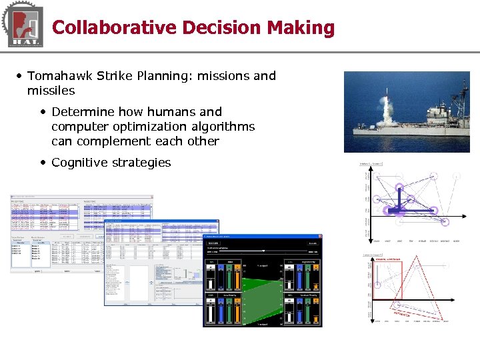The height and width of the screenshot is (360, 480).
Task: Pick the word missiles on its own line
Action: point(51,91)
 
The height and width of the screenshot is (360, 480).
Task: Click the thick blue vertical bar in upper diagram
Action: point(399,198)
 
